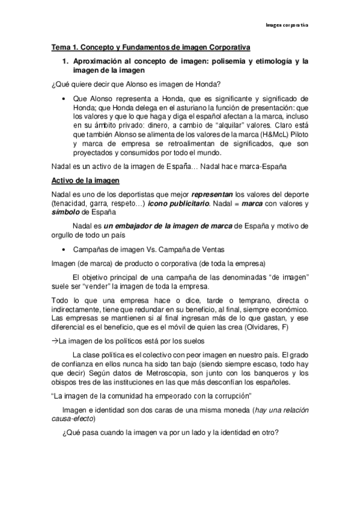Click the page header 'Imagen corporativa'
[287, 25]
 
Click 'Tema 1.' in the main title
[65, 46]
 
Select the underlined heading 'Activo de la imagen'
[87, 180]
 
